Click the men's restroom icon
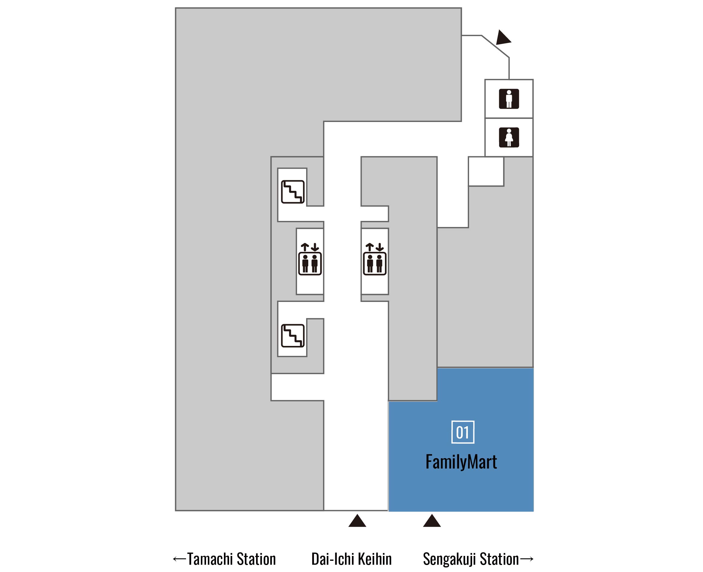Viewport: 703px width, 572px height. [x=509, y=99]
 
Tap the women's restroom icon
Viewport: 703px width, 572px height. [x=509, y=137]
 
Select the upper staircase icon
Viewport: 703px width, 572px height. [x=292, y=192]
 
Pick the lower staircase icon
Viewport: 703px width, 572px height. [x=292, y=336]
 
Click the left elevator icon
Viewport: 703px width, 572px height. [x=310, y=259]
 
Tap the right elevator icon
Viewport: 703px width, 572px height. [x=375, y=259]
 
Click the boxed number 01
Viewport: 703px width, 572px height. [x=462, y=432]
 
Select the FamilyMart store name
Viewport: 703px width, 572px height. [x=461, y=462]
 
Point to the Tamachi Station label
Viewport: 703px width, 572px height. [x=231, y=559]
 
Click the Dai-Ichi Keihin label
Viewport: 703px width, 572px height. [x=351, y=559]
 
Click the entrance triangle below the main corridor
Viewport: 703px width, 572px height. [x=357, y=521]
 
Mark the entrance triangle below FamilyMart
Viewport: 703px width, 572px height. [x=432, y=521]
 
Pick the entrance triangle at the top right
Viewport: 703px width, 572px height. [x=503, y=38]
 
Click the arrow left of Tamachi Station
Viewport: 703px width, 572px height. [x=180, y=559]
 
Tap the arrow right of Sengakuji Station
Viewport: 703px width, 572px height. [x=526, y=559]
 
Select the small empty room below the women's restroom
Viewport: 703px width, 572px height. [x=486, y=171]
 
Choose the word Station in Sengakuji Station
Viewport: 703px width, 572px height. [x=499, y=559]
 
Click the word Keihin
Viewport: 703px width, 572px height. [x=375, y=559]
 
